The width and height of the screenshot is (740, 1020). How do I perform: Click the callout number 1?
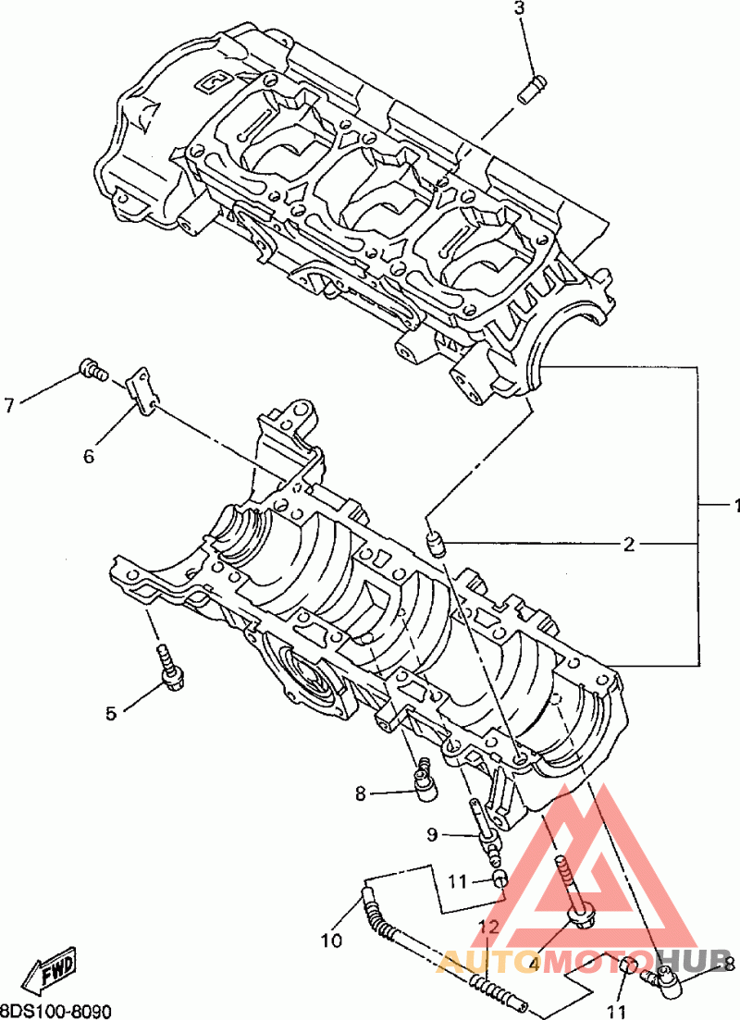[735, 506]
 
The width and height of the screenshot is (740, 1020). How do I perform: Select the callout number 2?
[629, 544]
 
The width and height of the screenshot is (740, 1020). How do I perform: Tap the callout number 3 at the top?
[519, 9]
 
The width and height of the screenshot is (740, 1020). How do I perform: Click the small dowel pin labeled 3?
[532, 89]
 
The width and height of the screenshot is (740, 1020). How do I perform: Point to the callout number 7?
[9, 405]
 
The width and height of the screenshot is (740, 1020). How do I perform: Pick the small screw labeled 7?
[92, 370]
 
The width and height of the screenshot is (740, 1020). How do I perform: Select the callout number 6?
[89, 456]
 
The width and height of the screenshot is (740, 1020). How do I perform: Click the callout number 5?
[111, 714]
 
